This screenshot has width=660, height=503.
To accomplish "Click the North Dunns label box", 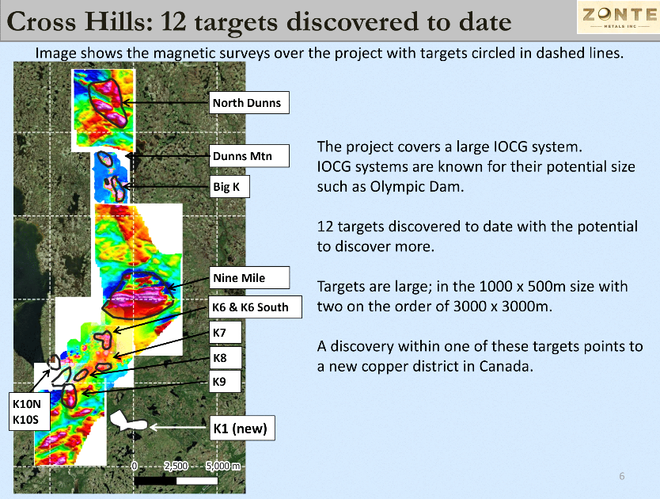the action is [249, 102].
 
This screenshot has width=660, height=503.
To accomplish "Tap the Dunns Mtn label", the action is [249, 156].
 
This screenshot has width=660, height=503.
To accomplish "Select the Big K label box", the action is [229, 187].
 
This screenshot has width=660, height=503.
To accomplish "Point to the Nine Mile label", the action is [249, 277].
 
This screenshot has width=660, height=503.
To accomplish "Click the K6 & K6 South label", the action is [256, 307].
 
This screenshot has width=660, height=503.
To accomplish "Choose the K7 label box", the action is [226, 333].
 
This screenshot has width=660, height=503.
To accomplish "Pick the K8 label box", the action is [226, 358].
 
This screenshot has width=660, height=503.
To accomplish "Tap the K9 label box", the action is [226, 382].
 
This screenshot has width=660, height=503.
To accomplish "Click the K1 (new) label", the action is [242, 429].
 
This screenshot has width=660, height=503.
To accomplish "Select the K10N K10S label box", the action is [29, 412].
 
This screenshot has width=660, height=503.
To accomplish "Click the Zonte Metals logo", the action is [618, 17].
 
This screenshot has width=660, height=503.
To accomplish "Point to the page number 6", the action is [622, 476].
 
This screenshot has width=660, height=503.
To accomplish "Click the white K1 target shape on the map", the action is [128, 421].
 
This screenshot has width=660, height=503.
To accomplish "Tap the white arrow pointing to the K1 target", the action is [179, 427].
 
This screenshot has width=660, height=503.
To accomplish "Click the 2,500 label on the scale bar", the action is [176, 466].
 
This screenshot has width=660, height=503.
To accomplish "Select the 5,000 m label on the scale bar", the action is [223, 466].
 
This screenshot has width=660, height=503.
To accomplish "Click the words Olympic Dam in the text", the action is [416, 187].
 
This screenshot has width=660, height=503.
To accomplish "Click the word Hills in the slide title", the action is [118, 21].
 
